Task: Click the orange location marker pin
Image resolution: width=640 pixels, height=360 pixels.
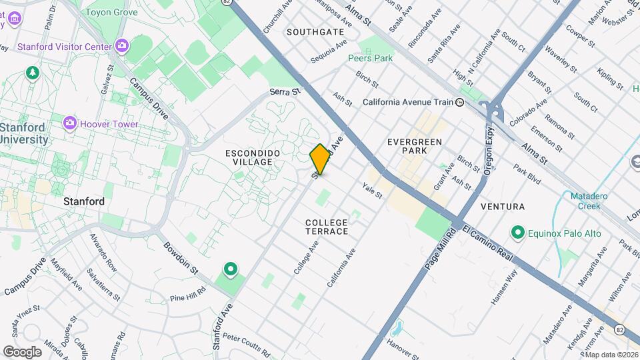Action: coord(321,159)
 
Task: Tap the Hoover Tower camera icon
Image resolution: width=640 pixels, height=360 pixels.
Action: coord(70,124)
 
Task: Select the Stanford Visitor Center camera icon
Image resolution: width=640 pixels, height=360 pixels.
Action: coord(121,46)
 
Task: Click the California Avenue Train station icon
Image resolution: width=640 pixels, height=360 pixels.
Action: coord(460,103)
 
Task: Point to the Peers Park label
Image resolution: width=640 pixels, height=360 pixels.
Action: coord(370,58)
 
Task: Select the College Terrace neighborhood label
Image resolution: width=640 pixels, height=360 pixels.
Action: coord(327,227)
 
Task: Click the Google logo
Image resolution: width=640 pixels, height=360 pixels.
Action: coord(22,351)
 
